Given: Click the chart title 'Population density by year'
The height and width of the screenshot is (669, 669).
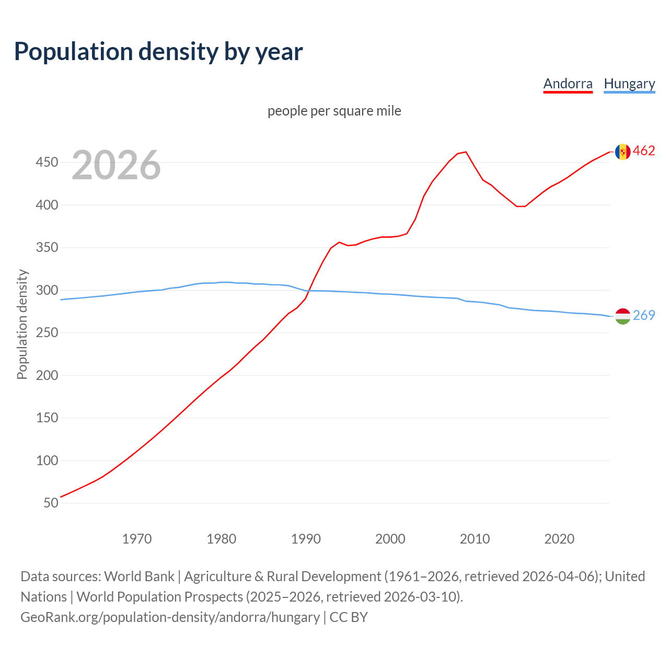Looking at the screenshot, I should tap(158, 51).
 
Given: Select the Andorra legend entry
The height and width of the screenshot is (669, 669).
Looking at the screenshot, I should tap(568, 84).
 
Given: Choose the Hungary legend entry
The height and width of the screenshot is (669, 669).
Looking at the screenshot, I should tap(629, 84).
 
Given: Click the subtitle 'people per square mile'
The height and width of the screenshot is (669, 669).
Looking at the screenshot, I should tap(334, 111).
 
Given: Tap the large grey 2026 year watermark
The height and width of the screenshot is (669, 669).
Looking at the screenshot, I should tap(116, 165).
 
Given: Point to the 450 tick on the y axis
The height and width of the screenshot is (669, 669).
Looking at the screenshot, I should tap(47, 163).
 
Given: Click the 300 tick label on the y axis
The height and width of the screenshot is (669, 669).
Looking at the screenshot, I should tap(47, 291).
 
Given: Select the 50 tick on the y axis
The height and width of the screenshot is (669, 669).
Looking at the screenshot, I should tap(51, 503).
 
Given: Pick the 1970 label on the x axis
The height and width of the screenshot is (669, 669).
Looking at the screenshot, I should tap(137, 539).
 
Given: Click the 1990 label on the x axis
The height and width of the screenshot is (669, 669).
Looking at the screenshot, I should tap(306, 539).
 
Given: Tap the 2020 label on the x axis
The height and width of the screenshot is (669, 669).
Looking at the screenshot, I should tap(559, 539).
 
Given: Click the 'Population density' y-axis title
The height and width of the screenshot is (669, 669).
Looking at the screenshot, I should tap(22, 324).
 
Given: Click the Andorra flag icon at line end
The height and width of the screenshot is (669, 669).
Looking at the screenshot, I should tap(622, 152).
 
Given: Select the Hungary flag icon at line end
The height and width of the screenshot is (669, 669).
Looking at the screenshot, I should tap(622, 316).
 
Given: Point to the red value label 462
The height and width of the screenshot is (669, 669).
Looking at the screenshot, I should tap(644, 151).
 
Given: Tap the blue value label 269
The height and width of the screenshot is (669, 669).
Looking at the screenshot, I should tap(644, 315).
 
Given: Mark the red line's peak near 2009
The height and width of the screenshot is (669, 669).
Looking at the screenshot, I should tap(466, 152).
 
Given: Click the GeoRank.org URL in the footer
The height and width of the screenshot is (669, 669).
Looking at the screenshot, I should tap(170, 617).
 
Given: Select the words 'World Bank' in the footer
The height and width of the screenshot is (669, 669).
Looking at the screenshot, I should tap(139, 576).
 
